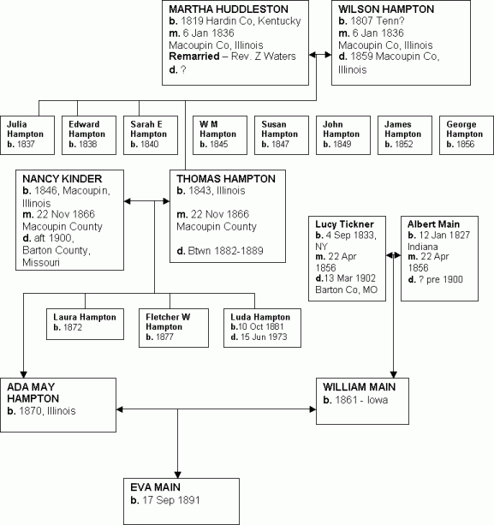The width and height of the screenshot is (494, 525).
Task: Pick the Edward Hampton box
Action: pyautogui.click(x=90, y=134)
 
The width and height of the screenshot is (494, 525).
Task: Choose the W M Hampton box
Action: pyautogui.click(x=217, y=134)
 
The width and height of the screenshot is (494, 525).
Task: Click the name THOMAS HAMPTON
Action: pyautogui.click(x=226, y=179)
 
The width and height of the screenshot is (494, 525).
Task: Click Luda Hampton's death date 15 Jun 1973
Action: pyautogui.click(x=262, y=337)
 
